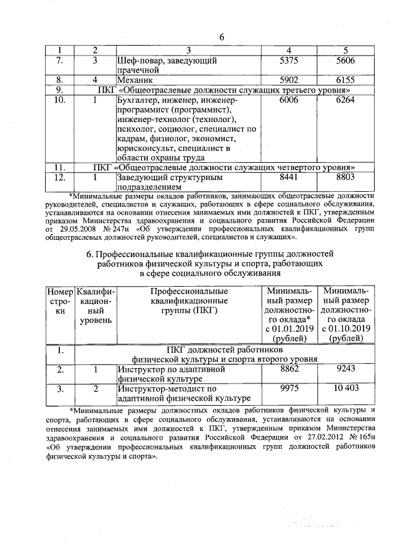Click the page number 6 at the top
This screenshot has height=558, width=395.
[x=222, y=38]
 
